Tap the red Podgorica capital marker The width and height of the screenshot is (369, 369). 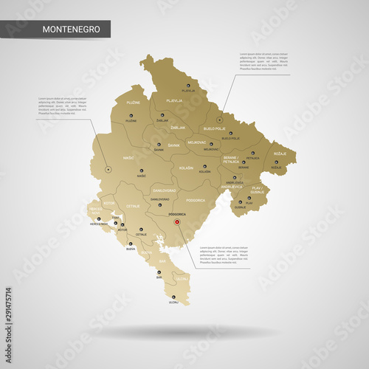pyautogui.click(x=176, y=219)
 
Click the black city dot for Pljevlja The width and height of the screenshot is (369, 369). pyautogui.click(x=189, y=86)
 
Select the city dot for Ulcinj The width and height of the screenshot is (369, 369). pyautogui.click(x=174, y=297)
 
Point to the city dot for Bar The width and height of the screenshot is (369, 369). pyautogui.click(x=159, y=272)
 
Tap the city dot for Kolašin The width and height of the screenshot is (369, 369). pyautogui.click(x=204, y=166)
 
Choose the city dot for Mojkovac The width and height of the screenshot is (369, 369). pyautogui.click(x=211, y=144)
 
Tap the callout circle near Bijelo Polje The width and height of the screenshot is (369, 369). pyautogui.click(x=219, y=119)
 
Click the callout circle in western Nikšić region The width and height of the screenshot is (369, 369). pyautogui.click(x=108, y=170)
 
